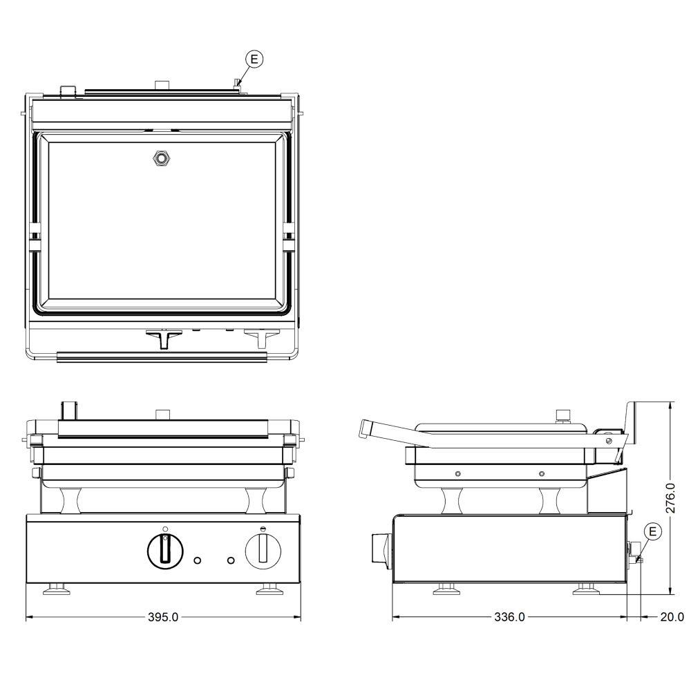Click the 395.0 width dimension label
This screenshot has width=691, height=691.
(163, 617)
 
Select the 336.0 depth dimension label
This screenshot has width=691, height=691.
(509, 617)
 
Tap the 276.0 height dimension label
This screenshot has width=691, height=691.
(670, 498)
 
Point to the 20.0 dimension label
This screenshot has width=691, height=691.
(672, 617)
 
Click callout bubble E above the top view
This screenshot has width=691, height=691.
(254, 59)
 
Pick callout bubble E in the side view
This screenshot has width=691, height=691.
(653, 531)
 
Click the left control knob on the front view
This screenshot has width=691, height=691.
(165, 551)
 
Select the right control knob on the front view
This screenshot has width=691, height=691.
(263, 551)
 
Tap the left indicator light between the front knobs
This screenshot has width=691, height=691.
(198, 560)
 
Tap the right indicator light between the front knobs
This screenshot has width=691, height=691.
(231, 560)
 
